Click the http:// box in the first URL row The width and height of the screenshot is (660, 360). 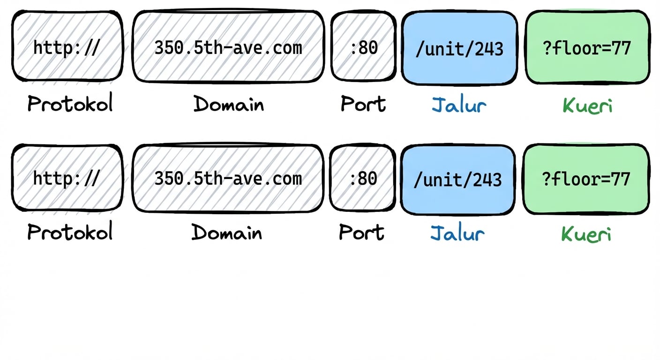coord(67,47)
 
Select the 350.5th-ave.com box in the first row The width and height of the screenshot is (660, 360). coord(228,47)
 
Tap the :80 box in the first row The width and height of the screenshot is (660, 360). coord(364,47)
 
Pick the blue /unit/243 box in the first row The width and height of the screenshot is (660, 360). coord(459,48)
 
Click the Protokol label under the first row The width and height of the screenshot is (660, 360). coord(70,104)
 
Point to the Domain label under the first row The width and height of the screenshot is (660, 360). coord(229,104)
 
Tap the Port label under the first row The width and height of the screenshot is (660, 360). coord(363,104)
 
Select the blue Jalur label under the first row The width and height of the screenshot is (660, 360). coord(459,105)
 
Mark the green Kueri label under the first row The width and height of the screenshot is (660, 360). coord(587,105)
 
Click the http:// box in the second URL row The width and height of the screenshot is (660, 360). coord(67,178)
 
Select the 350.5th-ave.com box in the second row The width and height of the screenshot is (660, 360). coord(228,178)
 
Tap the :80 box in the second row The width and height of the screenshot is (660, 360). coord(363,178)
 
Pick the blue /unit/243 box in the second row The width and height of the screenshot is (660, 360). coord(457,180)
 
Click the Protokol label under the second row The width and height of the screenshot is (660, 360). coord(70,232)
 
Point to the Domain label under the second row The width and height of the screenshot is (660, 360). coord(227,232)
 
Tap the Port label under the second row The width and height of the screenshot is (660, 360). coord(361,232)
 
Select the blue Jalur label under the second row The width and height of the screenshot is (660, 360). coord(457,233)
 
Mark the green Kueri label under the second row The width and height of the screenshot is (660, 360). coord(586,234)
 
